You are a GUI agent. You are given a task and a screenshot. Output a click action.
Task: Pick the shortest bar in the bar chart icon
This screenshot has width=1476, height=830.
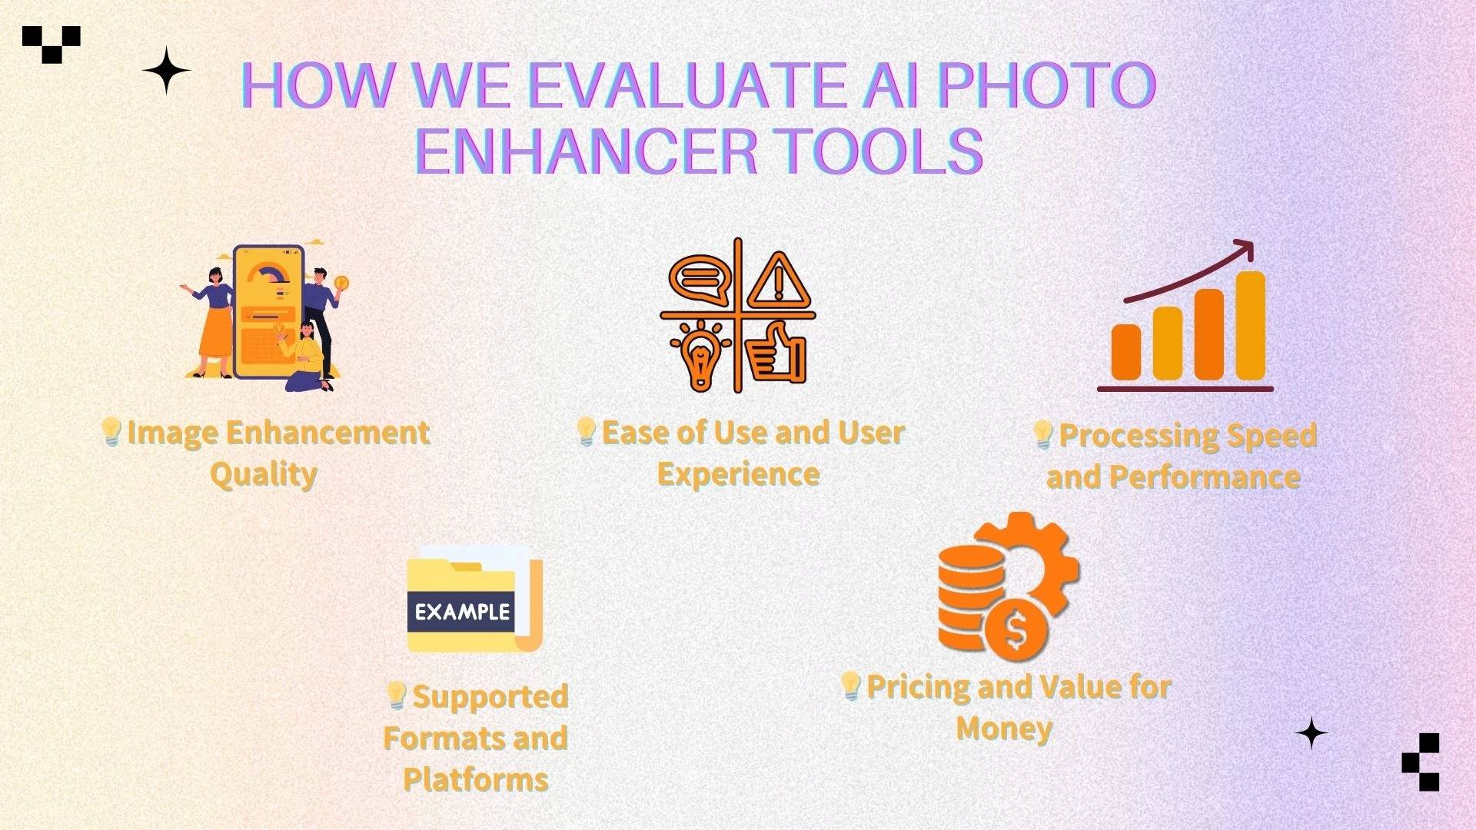click(x=1126, y=352)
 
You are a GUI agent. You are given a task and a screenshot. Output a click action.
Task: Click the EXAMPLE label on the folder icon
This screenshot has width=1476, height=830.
click(x=462, y=612)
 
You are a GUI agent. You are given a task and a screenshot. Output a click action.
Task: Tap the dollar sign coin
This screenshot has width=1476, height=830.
click(x=1016, y=631)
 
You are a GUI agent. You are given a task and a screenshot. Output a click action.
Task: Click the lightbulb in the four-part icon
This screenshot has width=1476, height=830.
click(x=700, y=356)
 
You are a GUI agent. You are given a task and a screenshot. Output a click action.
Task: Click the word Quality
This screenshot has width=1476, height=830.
click(x=263, y=474)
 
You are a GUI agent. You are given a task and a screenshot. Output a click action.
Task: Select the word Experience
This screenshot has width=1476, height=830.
click(x=738, y=474)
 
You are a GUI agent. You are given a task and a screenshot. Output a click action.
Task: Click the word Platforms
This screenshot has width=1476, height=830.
click(x=475, y=780)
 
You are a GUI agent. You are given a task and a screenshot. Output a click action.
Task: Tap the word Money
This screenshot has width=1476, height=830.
click(x=1003, y=728)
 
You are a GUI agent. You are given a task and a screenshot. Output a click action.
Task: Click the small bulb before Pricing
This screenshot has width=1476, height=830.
click(x=850, y=685)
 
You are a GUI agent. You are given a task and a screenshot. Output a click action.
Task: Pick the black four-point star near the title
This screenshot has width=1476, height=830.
click(x=166, y=71)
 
